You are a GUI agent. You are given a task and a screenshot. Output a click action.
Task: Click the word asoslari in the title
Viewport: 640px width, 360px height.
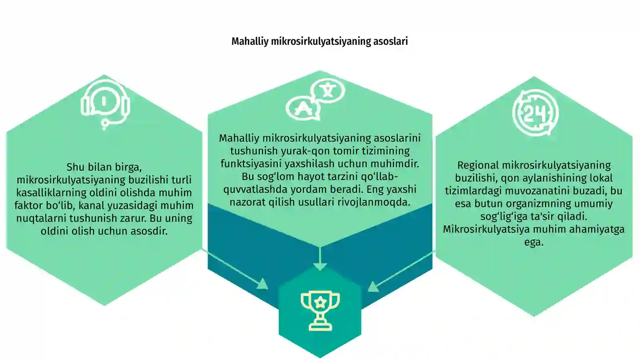click(390, 42)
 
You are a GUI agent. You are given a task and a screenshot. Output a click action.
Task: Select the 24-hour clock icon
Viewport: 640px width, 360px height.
click(535, 113)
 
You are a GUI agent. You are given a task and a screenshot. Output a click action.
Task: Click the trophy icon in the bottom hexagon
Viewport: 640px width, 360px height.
click(320, 311)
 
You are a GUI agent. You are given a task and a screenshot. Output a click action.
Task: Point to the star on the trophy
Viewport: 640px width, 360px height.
click(320, 302)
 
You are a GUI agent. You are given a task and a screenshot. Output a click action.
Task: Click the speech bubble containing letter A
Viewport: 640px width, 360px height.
click(303, 108)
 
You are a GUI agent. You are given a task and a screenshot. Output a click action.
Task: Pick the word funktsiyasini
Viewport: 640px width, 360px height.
click(251, 164)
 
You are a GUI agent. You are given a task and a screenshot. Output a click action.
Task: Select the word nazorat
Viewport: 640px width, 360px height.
click(248, 202)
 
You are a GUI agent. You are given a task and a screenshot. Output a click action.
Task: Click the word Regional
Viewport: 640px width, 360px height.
click(478, 166)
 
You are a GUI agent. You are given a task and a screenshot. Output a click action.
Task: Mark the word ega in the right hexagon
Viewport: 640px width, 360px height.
click(534, 242)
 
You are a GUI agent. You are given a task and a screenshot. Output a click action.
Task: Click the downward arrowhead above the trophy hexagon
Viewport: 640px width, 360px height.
click(320, 267)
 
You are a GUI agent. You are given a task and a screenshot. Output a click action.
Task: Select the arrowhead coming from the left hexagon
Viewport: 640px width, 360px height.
click(263, 284)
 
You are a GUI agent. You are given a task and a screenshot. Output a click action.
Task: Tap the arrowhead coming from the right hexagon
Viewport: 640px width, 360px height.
click(373, 286)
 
